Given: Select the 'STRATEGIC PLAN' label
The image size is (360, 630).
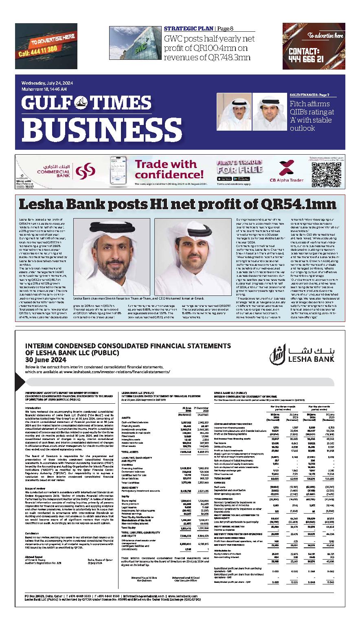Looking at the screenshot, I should (189, 29).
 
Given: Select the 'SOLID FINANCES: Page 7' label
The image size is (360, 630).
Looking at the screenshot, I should (310, 95).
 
